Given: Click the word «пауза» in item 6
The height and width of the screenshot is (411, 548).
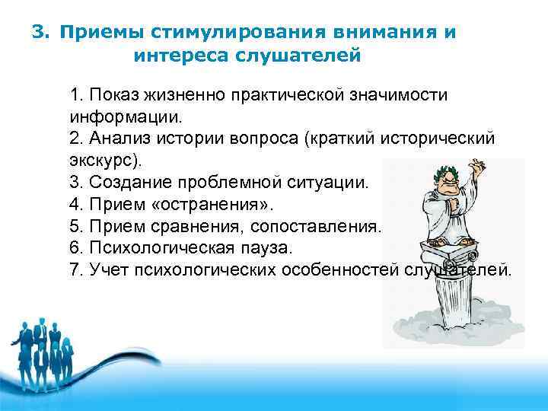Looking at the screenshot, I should (264, 249).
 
